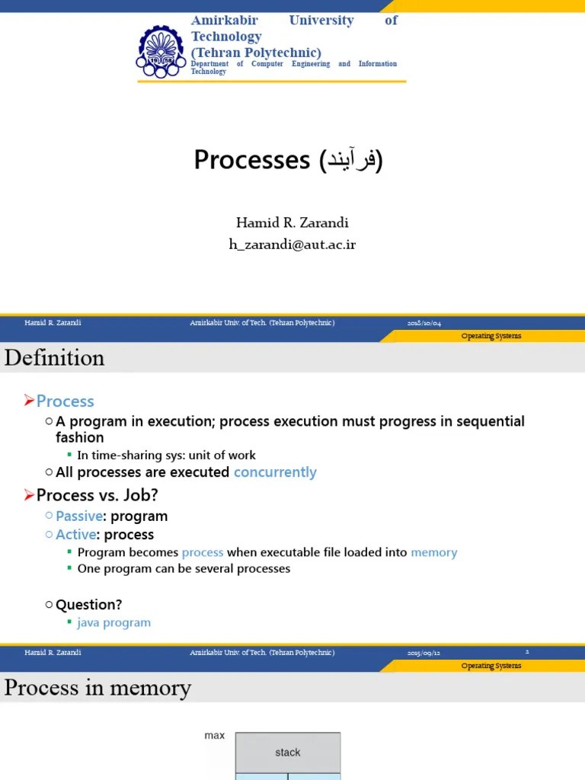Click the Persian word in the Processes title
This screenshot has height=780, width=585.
(352, 160)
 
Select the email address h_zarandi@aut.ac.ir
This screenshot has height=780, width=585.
(292, 244)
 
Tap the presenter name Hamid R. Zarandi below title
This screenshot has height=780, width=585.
(292, 223)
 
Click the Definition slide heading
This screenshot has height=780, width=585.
(54, 357)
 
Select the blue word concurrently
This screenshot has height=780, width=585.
(275, 472)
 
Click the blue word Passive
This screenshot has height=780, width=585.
(79, 516)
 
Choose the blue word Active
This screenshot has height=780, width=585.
(75, 535)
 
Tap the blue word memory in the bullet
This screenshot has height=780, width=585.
(433, 552)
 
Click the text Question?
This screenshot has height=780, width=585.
(89, 605)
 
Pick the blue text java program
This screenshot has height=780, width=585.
(114, 622)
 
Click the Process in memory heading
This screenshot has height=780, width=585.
(97, 688)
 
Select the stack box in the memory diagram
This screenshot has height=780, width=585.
(287, 753)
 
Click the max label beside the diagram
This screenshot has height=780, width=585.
(215, 736)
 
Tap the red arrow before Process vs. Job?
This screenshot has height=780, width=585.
(30, 495)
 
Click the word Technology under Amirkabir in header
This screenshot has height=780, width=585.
(226, 36)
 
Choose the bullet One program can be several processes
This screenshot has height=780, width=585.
(184, 568)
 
